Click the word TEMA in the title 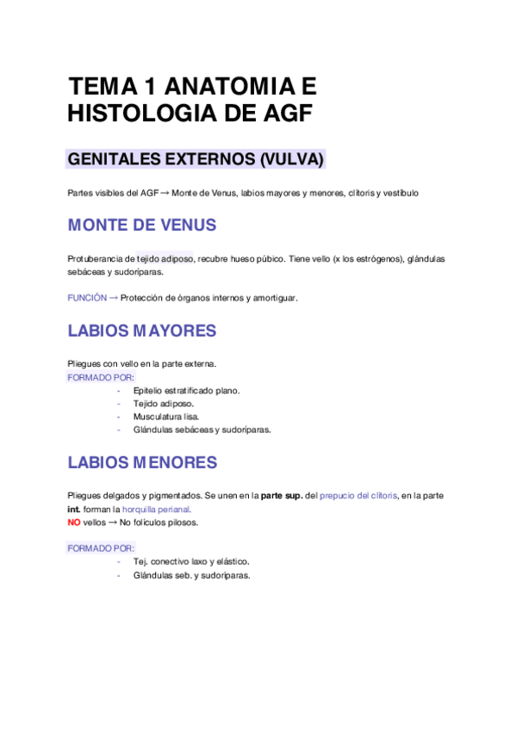[x=97, y=86]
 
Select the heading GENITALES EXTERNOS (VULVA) [x=196, y=160]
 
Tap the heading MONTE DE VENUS [x=142, y=226]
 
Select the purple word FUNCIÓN [x=86, y=298]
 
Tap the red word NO [x=74, y=523]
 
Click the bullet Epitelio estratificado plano [x=186, y=390]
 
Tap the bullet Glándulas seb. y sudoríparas [x=191, y=575]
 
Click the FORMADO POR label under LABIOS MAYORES [x=101, y=377]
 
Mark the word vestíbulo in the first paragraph [x=400, y=193]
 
